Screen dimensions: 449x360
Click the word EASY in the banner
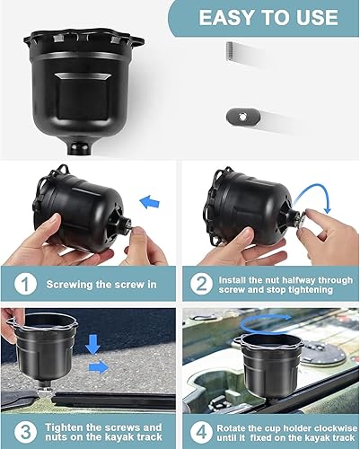(230, 19)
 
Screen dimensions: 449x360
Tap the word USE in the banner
(319, 19)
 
